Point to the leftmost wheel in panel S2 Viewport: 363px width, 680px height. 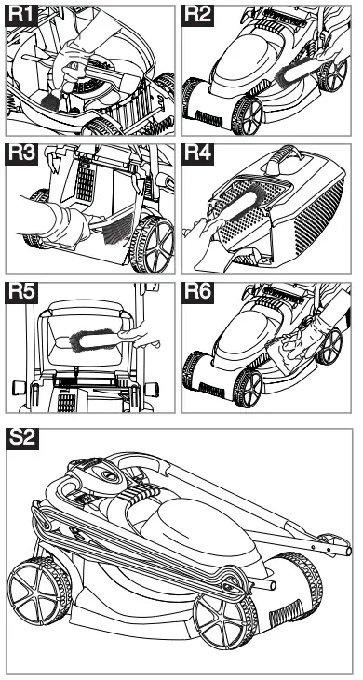[39, 595]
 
